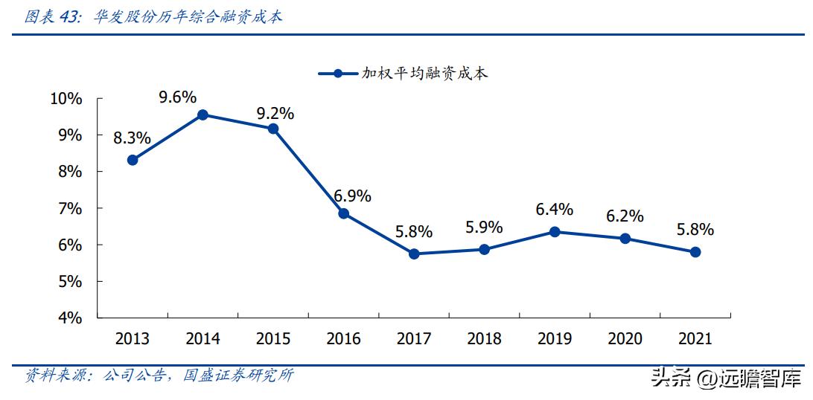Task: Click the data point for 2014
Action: [x=203, y=114]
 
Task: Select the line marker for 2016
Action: [x=343, y=213]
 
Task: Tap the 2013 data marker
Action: [x=133, y=160]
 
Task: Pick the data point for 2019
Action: [x=555, y=232]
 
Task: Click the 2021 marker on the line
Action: [x=695, y=252]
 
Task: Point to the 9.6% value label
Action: [x=177, y=97]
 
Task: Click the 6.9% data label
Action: [x=352, y=196]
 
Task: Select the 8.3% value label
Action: [x=132, y=138]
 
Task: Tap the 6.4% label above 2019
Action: [x=555, y=210]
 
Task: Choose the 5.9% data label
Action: [x=484, y=228]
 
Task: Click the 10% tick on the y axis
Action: [x=66, y=99]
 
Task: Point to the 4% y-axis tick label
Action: [x=69, y=318]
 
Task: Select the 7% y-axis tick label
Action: [x=69, y=209]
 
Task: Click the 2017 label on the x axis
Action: [x=414, y=339]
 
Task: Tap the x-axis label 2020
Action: [x=625, y=339]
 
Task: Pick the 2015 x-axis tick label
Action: [x=273, y=339]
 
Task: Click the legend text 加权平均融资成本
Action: [x=424, y=74]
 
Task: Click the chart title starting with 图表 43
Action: [x=153, y=17]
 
